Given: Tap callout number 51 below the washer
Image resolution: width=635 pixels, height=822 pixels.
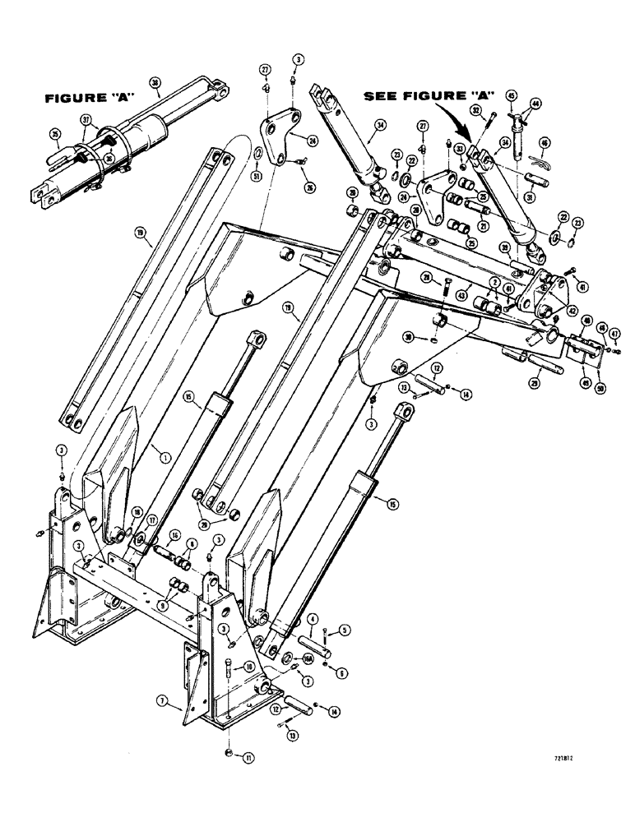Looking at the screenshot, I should click(257, 174).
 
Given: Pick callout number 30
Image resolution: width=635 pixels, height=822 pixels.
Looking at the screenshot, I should click(431, 336).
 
